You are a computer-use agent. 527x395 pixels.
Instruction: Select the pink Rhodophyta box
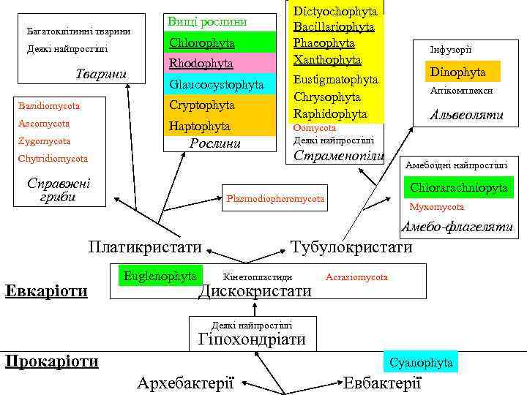(201, 64)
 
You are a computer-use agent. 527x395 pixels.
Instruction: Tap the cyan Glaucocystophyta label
(216, 85)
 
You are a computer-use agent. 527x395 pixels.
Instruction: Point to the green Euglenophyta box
(160, 276)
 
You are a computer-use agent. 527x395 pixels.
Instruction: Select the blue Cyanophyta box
(421, 362)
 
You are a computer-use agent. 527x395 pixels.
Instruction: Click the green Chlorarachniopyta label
(458, 188)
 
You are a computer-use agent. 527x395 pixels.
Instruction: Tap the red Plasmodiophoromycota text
(276, 199)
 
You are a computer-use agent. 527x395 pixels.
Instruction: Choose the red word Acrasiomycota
(357, 277)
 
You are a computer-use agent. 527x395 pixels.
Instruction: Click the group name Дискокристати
(255, 291)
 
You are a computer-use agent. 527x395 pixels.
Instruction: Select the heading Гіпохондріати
(252, 339)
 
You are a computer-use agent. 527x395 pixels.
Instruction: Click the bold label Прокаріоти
(51, 361)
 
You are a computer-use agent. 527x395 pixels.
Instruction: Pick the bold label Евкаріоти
(46, 290)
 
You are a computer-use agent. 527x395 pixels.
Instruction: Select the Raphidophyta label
(329, 113)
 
